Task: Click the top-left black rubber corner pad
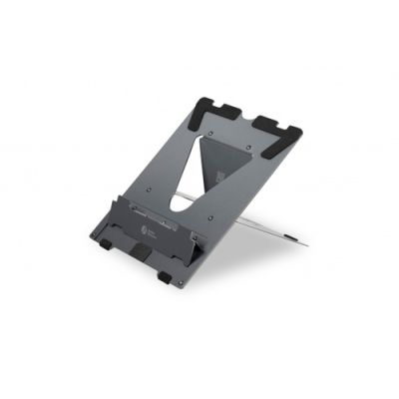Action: (210, 103)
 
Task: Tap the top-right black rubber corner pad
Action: (282, 124)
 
